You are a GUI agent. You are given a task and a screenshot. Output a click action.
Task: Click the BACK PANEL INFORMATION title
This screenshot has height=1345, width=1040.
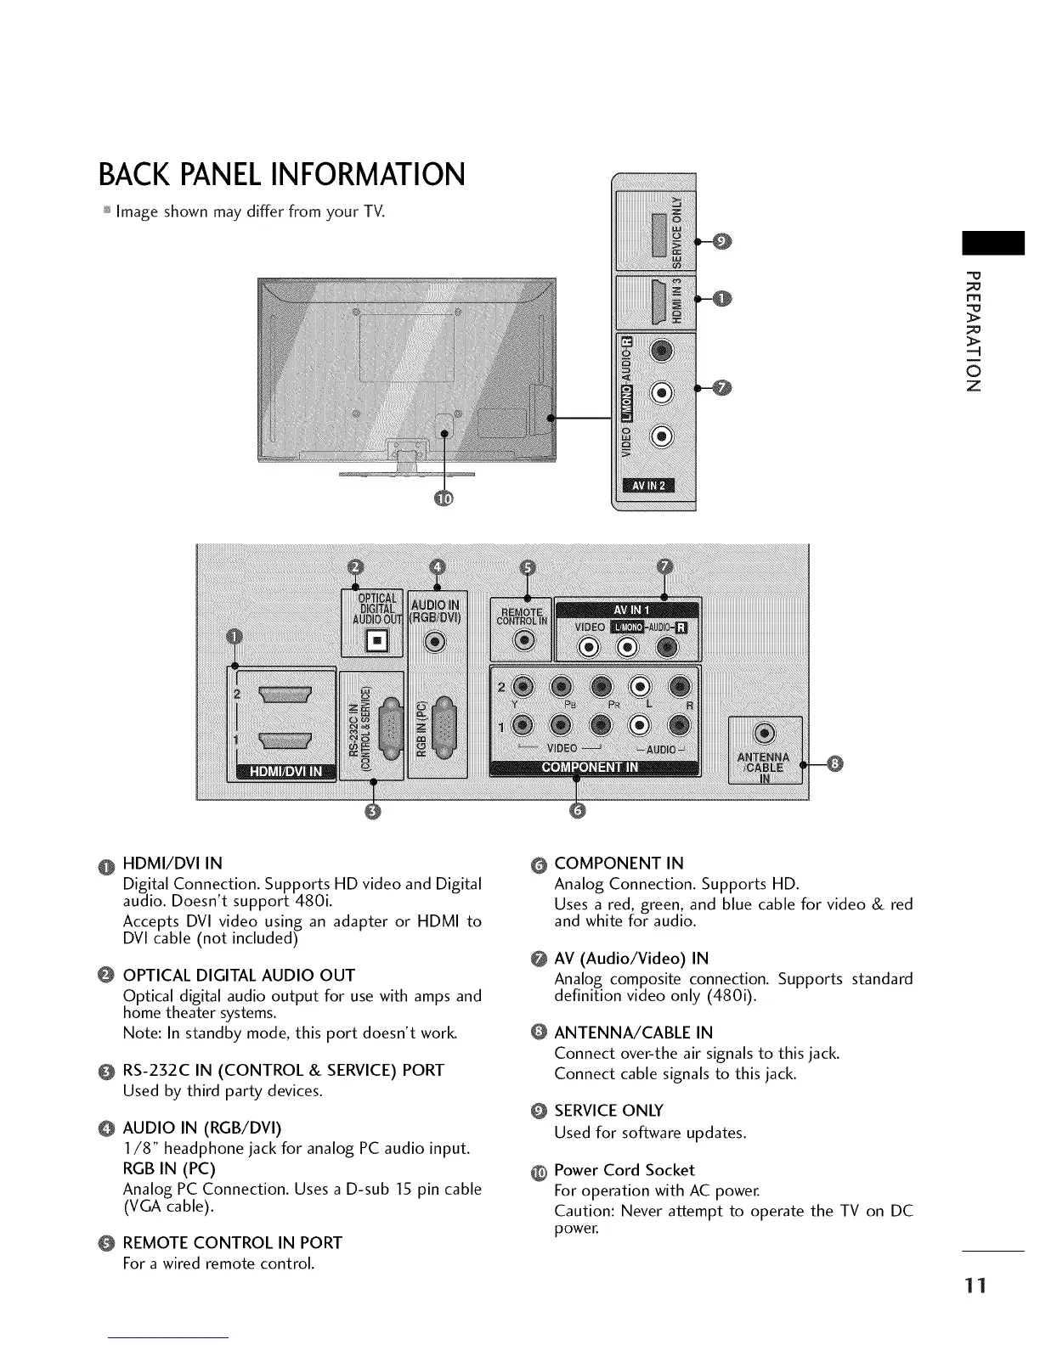[x=282, y=174]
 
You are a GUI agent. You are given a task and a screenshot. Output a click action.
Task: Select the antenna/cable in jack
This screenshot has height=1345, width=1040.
[x=765, y=734]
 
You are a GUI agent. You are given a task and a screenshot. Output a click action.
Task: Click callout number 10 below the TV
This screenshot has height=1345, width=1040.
[x=444, y=498]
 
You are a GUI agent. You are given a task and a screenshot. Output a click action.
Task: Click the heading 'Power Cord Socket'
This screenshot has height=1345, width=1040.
[x=624, y=1170]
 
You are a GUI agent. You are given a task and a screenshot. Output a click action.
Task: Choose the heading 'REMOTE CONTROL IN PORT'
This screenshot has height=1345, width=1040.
[x=232, y=1243]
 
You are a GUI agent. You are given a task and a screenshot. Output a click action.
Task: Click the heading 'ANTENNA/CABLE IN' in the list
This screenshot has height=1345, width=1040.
[x=633, y=1033]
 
